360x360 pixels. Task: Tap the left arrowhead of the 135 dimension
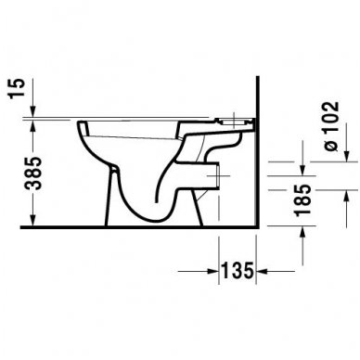[x=213, y=272]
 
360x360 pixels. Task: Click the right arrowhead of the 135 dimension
[x=263, y=272]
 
